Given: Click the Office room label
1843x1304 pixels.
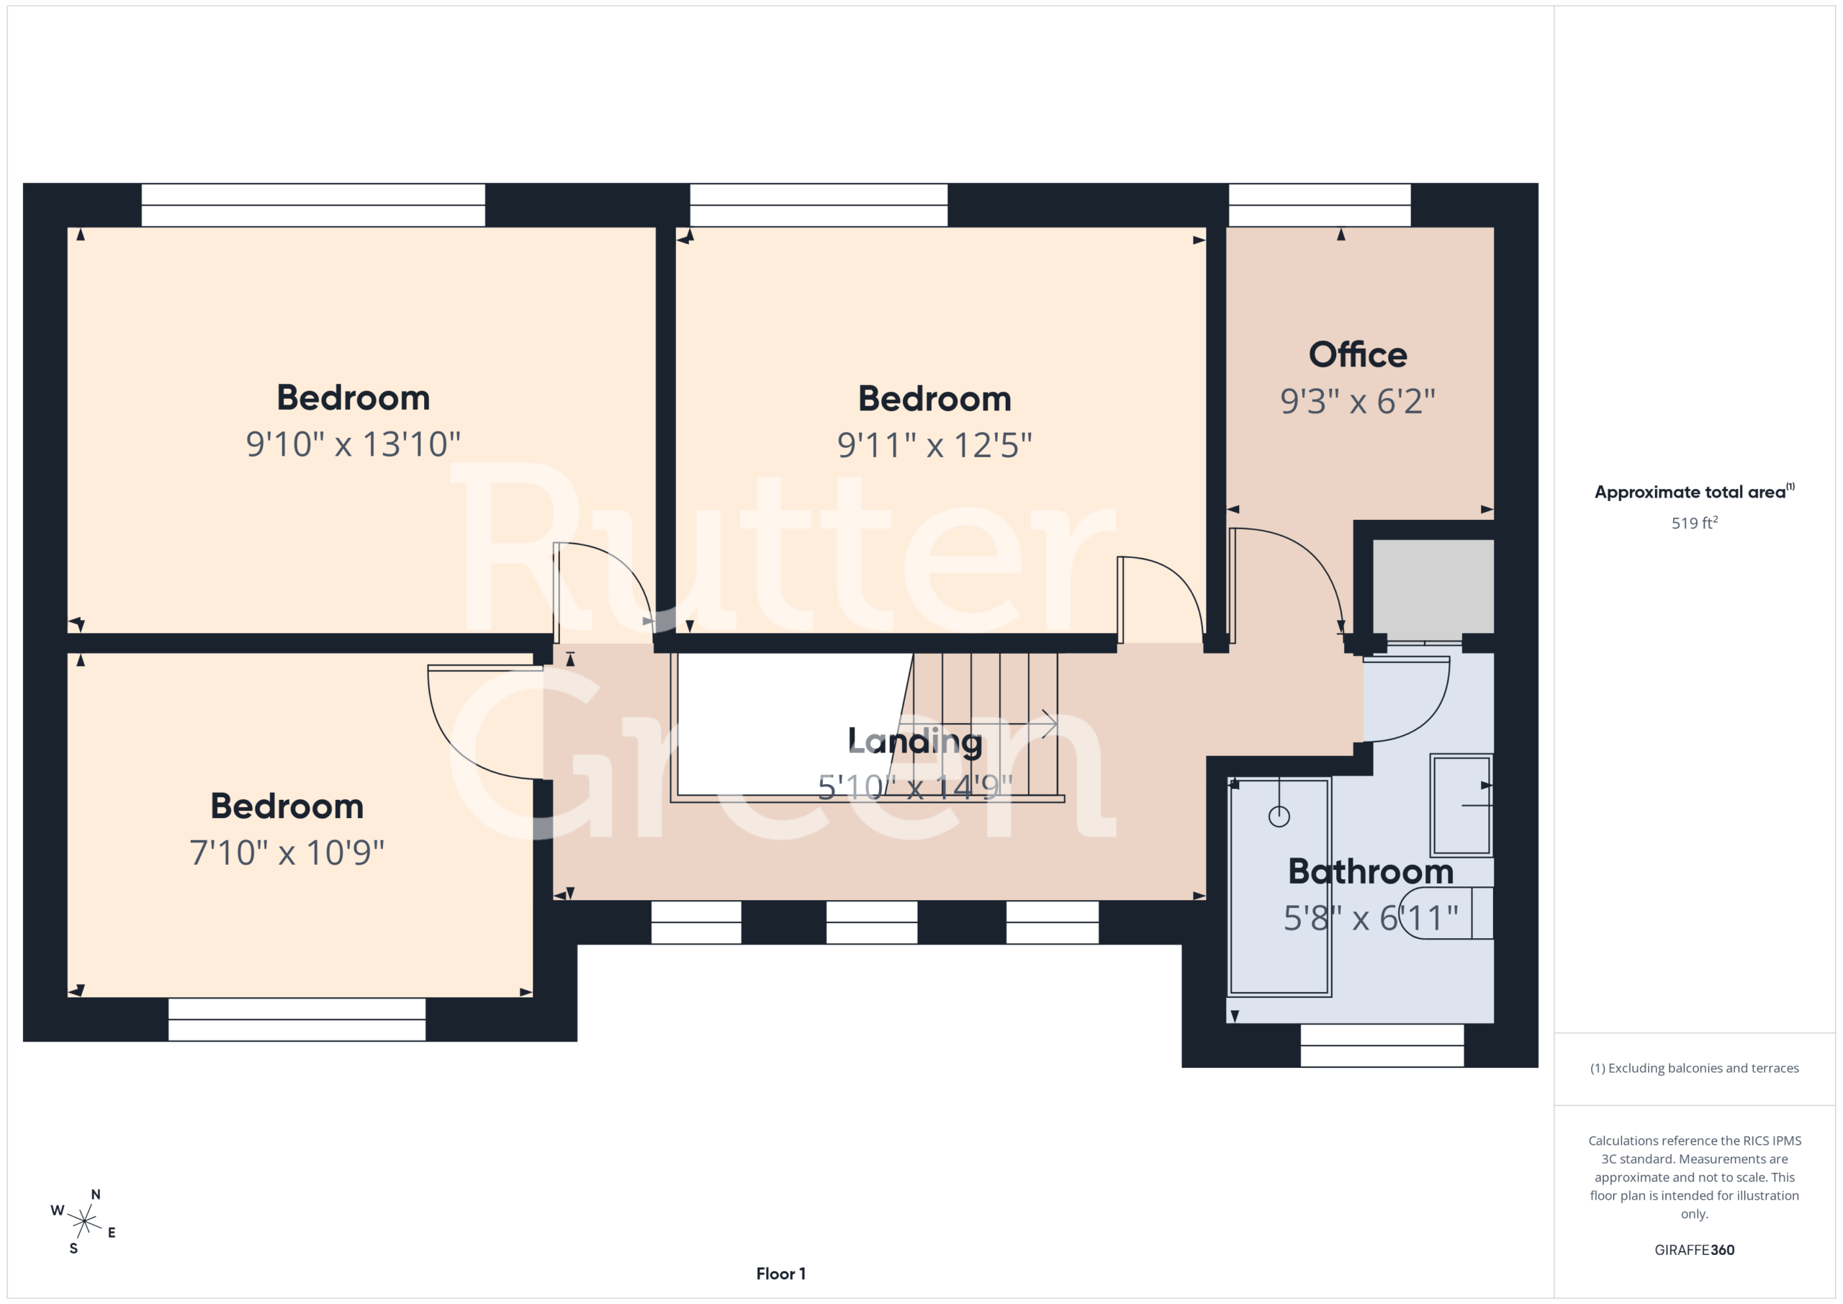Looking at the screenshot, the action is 1357,354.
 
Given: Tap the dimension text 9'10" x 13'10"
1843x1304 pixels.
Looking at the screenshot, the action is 353,444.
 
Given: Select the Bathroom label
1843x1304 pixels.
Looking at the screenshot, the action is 1371,871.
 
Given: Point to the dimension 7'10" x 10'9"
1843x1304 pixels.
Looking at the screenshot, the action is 287,853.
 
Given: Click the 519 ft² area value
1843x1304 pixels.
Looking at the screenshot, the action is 1695,523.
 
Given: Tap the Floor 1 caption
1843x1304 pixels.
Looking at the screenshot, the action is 780,1274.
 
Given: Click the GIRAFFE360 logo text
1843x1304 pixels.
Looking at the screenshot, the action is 1695,1249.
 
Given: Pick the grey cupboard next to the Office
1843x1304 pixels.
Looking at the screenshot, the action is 1433,586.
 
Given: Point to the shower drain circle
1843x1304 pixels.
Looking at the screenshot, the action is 1279,817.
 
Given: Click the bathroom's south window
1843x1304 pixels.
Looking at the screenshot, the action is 1382,1045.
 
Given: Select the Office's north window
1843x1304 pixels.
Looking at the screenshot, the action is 1320,204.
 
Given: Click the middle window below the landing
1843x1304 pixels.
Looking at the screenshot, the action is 872,922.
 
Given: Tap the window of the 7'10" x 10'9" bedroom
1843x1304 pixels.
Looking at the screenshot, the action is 297,1019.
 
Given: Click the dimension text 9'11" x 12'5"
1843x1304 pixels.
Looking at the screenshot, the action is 934,445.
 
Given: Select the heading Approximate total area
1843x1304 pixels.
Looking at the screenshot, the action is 1695,491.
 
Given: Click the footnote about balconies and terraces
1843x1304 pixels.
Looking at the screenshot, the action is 1695,1068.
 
